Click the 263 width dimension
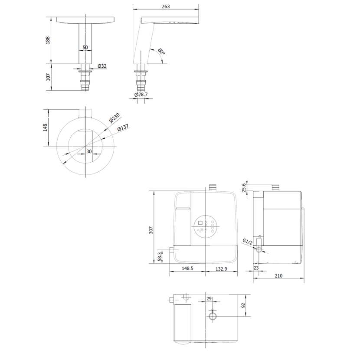pos(166,7)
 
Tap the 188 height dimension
pos(48,40)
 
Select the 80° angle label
pos(161,52)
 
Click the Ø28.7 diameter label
pos(141,95)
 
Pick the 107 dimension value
pos(48,77)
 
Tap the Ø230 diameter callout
pos(115,118)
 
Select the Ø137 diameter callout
pos(123,128)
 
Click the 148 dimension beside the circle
pos(45,128)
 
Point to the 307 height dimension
pos(151,230)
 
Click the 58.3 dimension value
pos(160,256)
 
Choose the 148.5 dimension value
pos(187,268)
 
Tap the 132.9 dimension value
pos(221,268)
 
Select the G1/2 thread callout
pos(248,242)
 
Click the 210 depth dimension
pos(278,276)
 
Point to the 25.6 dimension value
pos(244,187)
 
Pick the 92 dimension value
pos(243,305)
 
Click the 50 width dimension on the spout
pos(85,48)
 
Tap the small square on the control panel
pos(200,223)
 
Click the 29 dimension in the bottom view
pos(209,299)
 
